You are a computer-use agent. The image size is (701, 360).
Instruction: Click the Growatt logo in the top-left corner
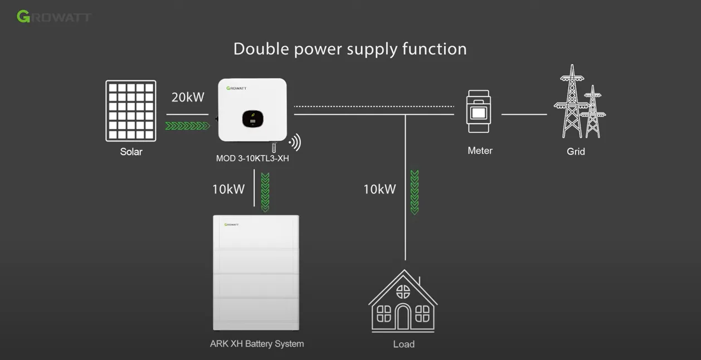[54, 17]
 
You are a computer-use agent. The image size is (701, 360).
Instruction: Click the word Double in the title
[261, 49]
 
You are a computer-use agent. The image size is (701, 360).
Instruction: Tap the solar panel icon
[131, 111]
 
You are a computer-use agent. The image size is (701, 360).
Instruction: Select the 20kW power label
[188, 98]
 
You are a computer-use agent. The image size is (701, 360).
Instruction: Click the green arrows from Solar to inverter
[187, 126]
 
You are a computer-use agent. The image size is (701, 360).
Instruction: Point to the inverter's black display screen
[252, 119]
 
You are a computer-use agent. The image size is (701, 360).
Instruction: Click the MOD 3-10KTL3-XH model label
[252, 158]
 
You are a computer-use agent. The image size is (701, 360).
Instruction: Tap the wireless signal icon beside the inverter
[295, 143]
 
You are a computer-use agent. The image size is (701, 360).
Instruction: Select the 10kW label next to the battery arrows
[228, 189]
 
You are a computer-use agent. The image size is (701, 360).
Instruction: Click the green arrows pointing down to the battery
[265, 192]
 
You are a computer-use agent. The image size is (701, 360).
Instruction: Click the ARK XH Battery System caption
[257, 344]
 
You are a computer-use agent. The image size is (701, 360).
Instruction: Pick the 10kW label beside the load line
[379, 189]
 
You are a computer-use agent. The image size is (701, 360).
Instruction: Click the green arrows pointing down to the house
[415, 192]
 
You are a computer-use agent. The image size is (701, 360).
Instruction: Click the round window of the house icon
[403, 291]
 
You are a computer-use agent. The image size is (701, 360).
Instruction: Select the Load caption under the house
[404, 344]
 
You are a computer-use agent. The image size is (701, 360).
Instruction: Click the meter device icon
[479, 112]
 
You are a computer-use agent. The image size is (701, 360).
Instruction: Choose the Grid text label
[576, 152]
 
